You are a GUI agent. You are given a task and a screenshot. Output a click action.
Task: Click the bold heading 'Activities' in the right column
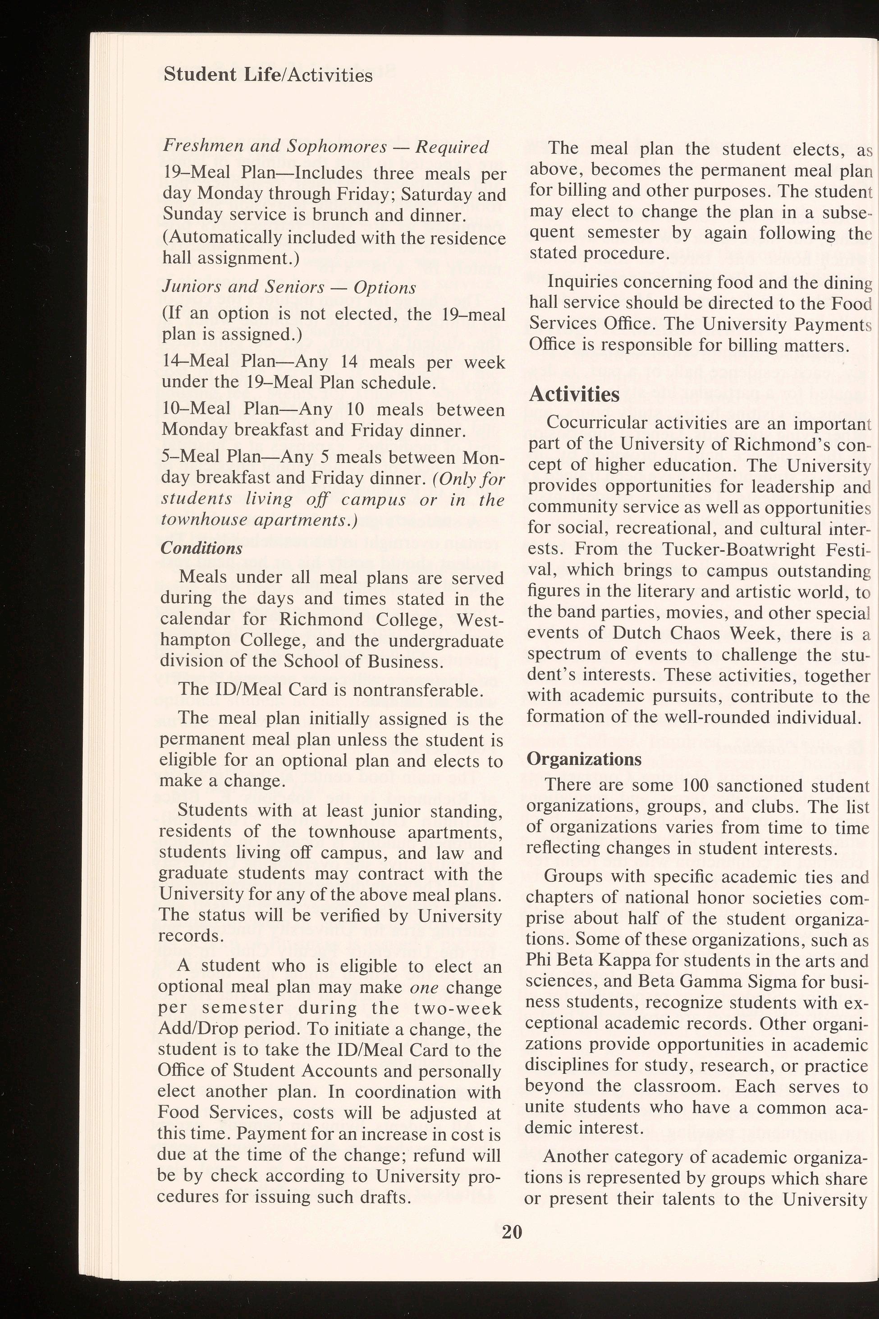(x=575, y=394)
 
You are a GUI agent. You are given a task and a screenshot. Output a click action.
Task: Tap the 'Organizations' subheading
(x=584, y=759)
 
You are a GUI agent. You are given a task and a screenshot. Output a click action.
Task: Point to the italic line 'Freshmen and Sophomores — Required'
(x=325, y=147)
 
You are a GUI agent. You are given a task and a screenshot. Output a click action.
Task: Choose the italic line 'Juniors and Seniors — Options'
(x=288, y=287)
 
